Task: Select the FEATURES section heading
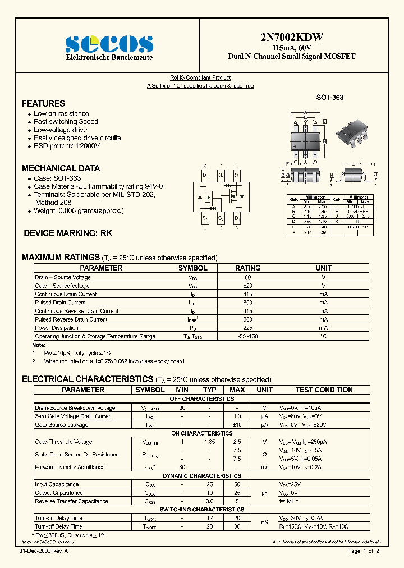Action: coord(43,103)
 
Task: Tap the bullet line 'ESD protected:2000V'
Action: coord(66,146)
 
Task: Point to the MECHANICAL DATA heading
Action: coord(61,168)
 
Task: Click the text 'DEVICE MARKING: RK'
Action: coord(68,232)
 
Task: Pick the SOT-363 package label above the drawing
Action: coord(330,98)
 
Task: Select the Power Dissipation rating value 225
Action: coord(247,328)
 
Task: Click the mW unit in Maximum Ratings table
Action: coord(324,328)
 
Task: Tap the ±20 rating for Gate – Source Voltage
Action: coord(247,286)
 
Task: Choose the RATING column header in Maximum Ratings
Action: coord(247,268)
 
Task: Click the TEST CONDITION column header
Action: coord(324,390)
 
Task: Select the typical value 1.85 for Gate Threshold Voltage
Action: coord(209,442)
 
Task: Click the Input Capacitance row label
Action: coord(57,484)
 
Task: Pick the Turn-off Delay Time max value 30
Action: coord(237,526)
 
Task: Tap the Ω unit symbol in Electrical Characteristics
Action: coord(264,455)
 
